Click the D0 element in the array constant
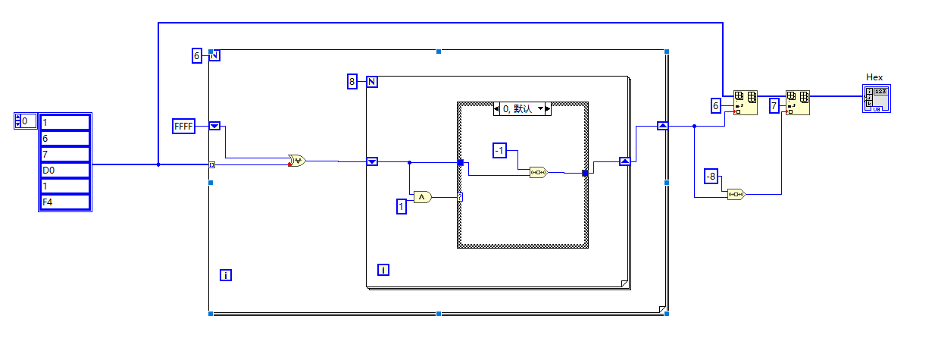click(x=64, y=171)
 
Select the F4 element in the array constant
click(x=64, y=202)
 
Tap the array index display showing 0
click(x=28, y=121)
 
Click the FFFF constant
click(x=184, y=127)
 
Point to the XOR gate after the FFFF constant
click(x=296, y=161)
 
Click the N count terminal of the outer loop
click(x=214, y=55)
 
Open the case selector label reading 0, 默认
click(x=522, y=109)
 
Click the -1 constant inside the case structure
click(x=499, y=151)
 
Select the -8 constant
click(x=711, y=176)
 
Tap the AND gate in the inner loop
click(x=422, y=197)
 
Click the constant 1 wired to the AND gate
click(x=402, y=205)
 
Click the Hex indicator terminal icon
click(x=876, y=99)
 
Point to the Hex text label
click(x=874, y=77)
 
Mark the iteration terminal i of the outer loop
click(x=225, y=275)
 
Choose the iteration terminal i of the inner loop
click(x=383, y=270)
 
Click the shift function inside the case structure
click(x=538, y=172)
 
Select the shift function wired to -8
click(x=736, y=194)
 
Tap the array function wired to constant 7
click(x=798, y=102)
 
